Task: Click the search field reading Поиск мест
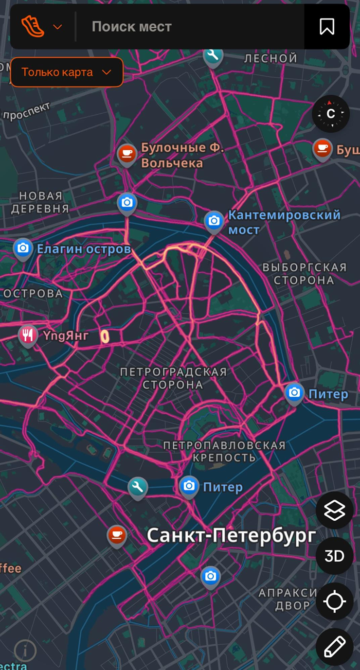[190, 27]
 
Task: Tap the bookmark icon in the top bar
[327, 27]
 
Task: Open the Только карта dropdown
[67, 72]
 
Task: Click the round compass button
[331, 114]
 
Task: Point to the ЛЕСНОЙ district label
[270, 58]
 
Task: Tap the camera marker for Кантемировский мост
[214, 221]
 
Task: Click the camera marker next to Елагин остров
[23, 248]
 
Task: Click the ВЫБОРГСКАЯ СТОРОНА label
[304, 274]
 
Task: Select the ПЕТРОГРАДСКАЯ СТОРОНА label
[173, 378]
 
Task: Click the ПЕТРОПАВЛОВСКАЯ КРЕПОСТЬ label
[224, 451]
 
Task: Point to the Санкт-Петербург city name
[231, 535]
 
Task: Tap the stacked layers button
[334, 511]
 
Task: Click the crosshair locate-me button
[334, 601]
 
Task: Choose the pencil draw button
[334, 647]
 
